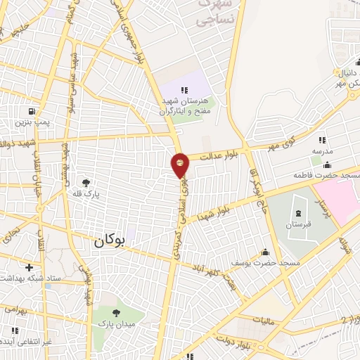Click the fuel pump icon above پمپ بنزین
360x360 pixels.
[31, 112]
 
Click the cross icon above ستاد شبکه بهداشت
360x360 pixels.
[28, 267]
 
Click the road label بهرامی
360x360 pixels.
[14, 308]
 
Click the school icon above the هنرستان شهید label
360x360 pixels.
[185, 90]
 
